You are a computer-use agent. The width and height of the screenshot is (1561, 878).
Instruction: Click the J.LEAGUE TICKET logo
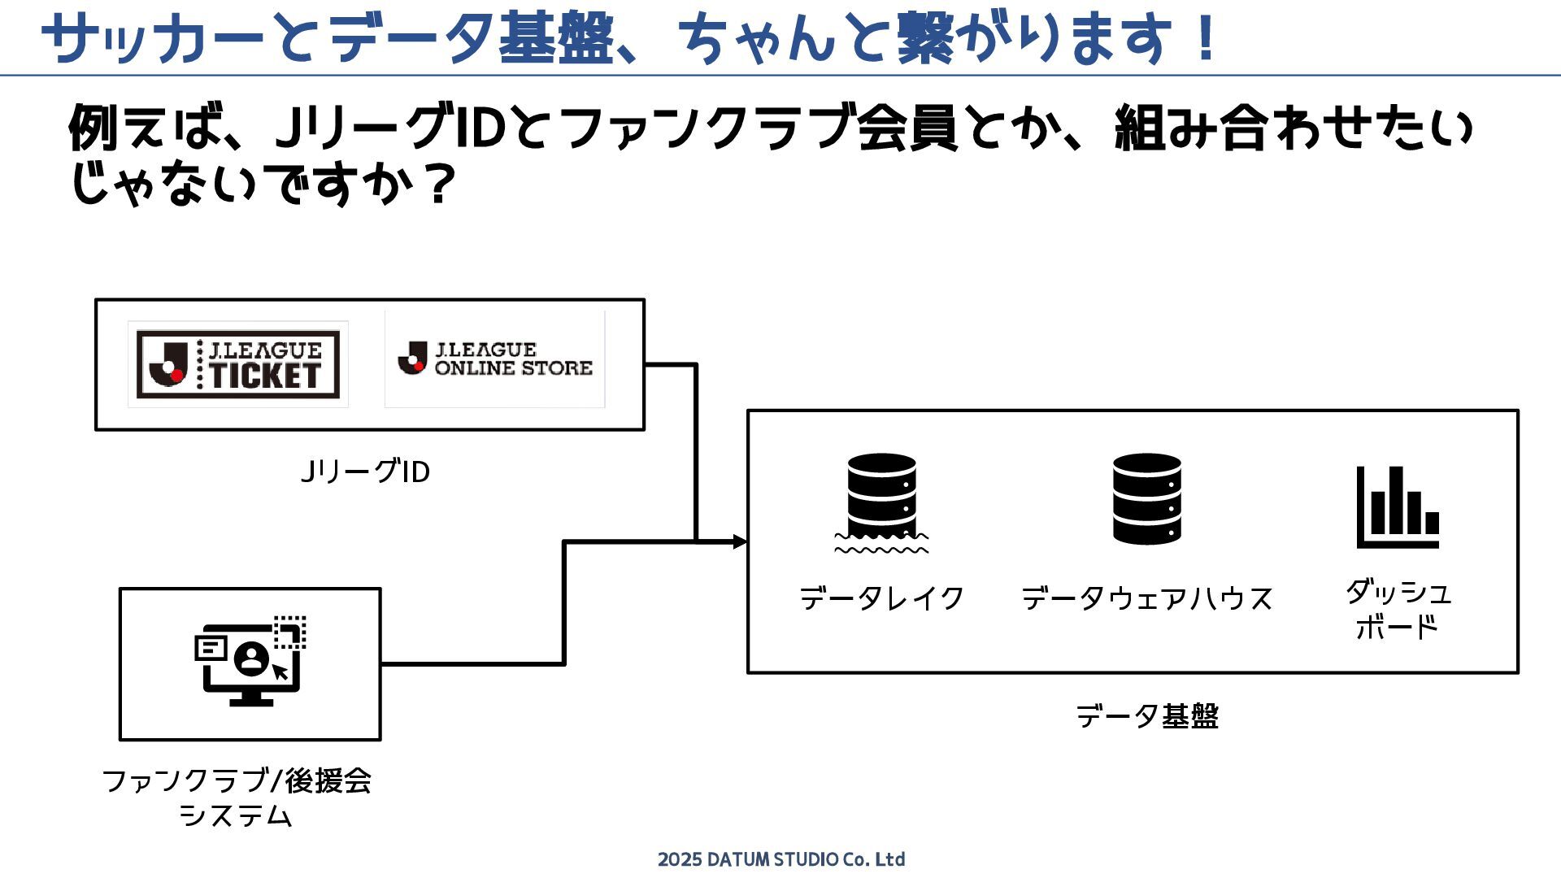(x=238, y=364)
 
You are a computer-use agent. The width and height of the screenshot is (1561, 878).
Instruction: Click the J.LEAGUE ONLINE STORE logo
(x=494, y=359)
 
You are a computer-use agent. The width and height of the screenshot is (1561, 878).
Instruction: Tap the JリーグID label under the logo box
(x=365, y=472)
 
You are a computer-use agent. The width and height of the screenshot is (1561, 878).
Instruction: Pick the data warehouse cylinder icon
(x=1146, y=498)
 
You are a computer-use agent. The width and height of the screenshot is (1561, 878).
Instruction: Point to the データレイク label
(x=881, y=598)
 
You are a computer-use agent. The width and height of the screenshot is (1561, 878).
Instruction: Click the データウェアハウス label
(x=1146, y=598)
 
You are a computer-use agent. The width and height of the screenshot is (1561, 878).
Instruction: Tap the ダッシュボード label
(x=1398, y=609)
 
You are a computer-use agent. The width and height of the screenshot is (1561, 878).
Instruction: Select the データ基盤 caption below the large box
(x=1146, y=716)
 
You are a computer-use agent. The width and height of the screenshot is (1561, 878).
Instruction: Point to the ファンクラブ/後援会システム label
(x=237, y=798)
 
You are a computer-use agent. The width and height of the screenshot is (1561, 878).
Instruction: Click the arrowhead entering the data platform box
(x=739, y=541)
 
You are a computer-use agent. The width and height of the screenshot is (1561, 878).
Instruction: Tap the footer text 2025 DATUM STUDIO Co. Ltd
(x=780, y=859)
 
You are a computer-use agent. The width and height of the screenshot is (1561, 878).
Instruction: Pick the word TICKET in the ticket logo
(x=265, y=376)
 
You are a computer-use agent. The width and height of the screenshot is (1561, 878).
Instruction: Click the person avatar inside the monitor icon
(x=251, y=657)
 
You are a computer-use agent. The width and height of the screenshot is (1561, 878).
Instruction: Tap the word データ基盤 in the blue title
(x=472, y=38)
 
